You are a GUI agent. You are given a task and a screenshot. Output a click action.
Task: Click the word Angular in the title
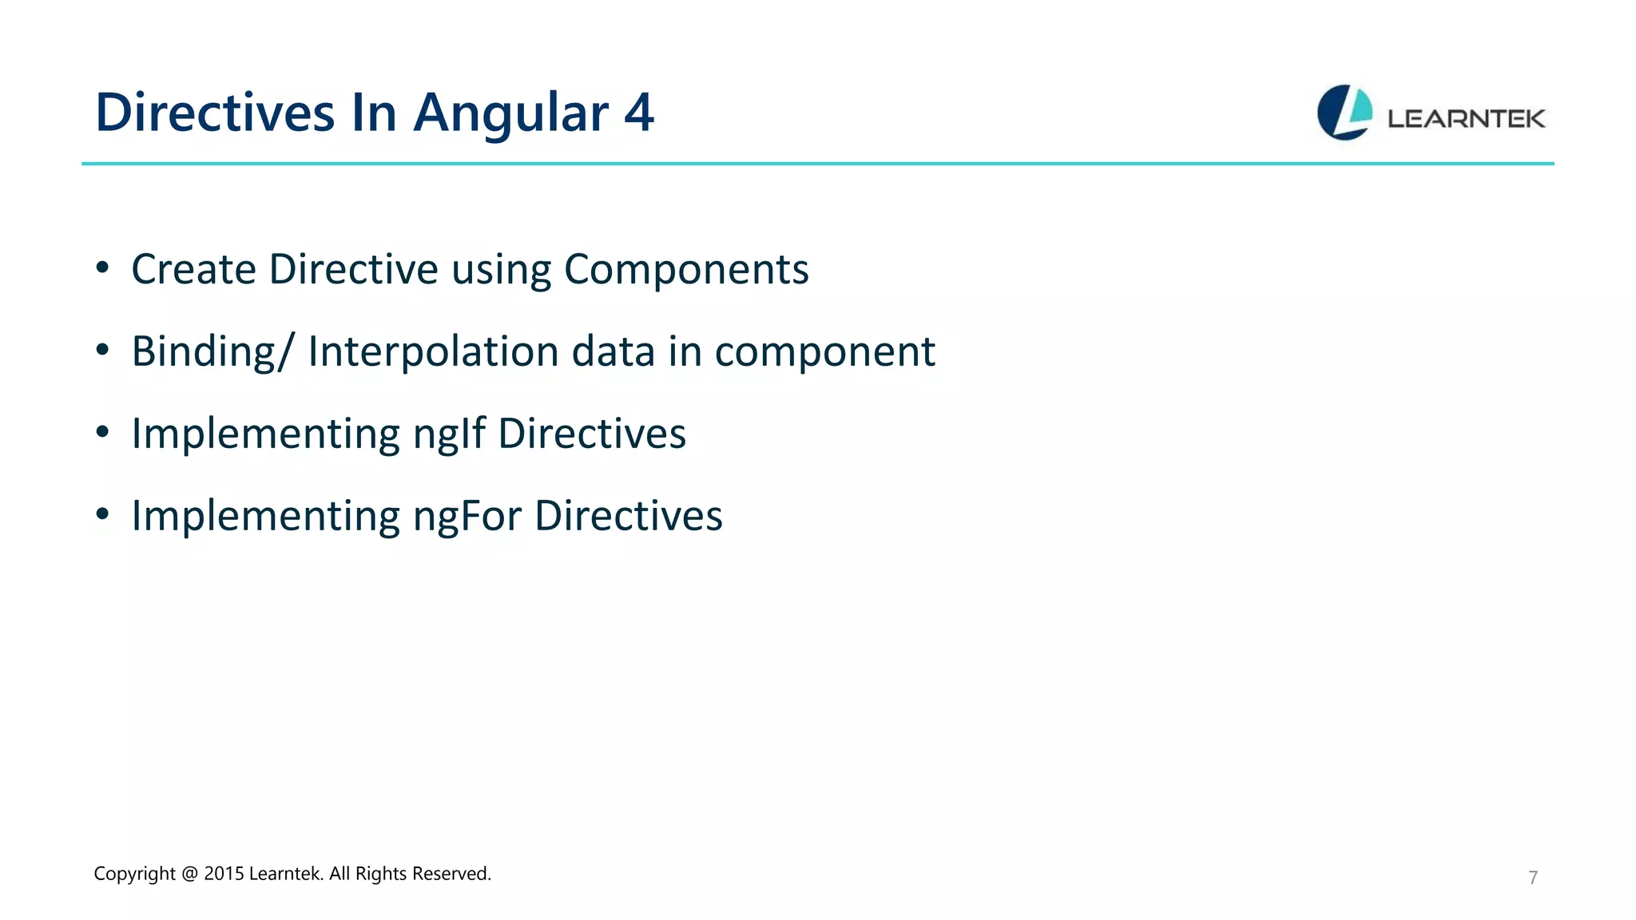click(511, 113)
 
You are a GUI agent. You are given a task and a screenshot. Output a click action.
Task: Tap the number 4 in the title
click(639, 113)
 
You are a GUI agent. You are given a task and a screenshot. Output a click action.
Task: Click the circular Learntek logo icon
click(1344, 113)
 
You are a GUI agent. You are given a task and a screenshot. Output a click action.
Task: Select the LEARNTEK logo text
click(1466, 119)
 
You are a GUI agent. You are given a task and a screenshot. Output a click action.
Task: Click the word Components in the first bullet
click(686, 270)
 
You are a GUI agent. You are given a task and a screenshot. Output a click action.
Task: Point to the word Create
click(193, 269)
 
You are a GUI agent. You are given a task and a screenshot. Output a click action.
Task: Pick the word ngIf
click(449, 434)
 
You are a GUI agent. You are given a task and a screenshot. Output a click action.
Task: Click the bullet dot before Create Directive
click(102, 268)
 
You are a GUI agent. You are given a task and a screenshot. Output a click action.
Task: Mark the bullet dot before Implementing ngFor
click(102, 515)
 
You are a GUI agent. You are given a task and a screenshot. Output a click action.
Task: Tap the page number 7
click(1533, 878)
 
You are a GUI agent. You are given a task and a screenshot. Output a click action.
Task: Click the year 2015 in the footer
click(224, 874)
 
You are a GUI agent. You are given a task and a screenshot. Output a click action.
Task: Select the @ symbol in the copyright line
click(189, 874)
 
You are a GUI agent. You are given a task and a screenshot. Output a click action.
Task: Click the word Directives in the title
click(214, 113)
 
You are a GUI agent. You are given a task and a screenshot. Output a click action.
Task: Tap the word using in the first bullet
click(501, 270)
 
